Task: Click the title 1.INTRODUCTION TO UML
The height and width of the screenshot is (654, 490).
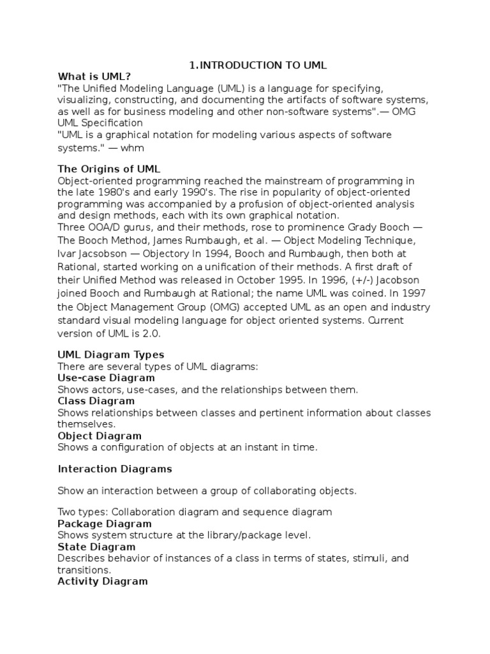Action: (258, 65)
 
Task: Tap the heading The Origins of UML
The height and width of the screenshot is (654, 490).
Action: (109, 169)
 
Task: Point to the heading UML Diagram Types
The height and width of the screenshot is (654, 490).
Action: (111, 354)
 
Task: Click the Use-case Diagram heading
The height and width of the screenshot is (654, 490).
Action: (106, 377)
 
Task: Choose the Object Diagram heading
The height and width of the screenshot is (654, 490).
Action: (100, 436)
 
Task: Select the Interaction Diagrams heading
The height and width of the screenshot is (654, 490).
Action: (115, 469)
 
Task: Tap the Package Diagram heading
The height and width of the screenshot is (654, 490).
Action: (105, 523)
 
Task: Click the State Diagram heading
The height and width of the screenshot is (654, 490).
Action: (96, 547)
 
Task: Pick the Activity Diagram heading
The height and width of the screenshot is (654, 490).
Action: (103, 581)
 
